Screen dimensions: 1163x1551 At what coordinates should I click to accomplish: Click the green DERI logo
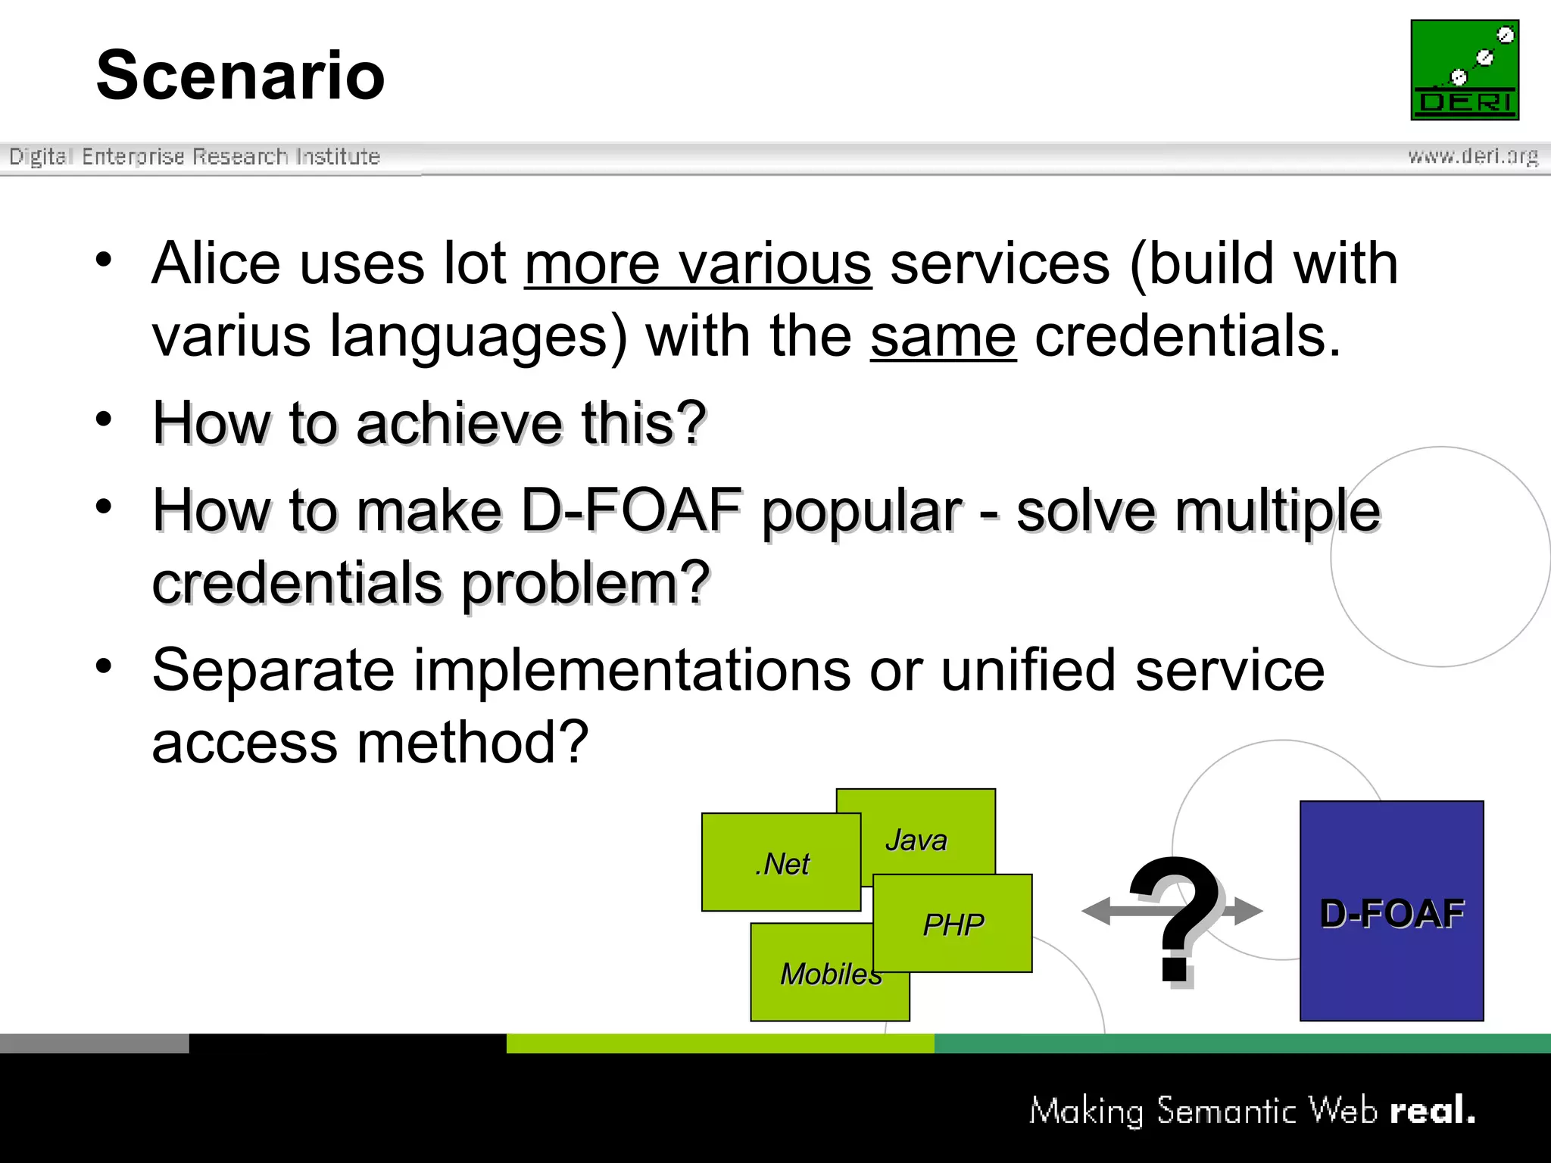[1464, 70]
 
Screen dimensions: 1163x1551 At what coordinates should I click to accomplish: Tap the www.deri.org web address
[1472, 156]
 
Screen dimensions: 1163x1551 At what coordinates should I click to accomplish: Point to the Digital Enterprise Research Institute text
[195, 156]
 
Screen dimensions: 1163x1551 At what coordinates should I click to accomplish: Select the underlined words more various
[697, 265]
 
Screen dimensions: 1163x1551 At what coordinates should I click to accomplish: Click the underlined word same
[943, 337]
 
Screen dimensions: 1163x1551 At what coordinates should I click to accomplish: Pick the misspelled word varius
[231, 337]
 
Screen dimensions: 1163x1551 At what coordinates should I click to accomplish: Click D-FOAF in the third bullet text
[632, 510]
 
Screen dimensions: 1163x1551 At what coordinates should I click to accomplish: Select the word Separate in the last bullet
[273, 670]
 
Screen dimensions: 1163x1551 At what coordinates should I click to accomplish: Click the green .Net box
[781, 862]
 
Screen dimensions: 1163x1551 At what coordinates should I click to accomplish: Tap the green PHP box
[953, 924]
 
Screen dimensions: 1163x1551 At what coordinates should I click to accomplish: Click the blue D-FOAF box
[1391, 912]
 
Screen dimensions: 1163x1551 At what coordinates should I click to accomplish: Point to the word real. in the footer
[1432, 1111]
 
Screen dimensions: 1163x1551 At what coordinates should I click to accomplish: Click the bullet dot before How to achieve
[104, 419]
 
